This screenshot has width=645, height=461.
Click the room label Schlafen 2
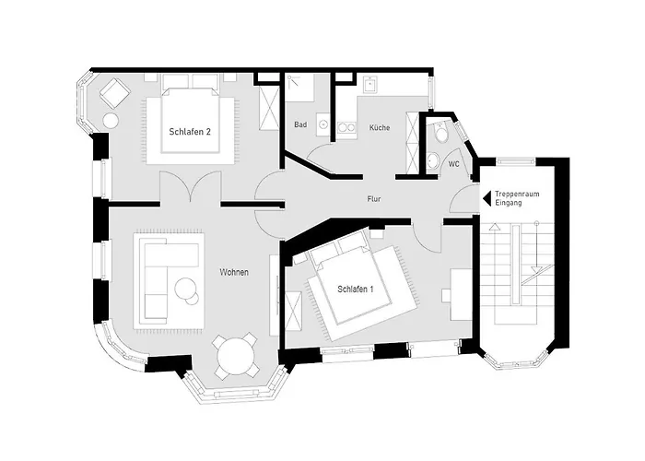[190, 132]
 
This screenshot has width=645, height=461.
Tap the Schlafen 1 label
[355, 290]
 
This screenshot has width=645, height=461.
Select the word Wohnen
[234, 272]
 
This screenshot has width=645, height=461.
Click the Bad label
[300, 124]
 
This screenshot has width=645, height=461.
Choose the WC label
[453, 163]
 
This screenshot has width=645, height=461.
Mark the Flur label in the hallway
[373, 198]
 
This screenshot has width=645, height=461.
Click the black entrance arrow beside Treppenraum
[487, 197]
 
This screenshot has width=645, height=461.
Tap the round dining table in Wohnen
[233, 355]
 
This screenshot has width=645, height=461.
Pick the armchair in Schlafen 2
[113, 93]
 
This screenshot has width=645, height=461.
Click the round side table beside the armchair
[111, 120]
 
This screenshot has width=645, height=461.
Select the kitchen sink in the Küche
[369, 86]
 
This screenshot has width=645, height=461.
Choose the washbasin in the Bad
[323, 122]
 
